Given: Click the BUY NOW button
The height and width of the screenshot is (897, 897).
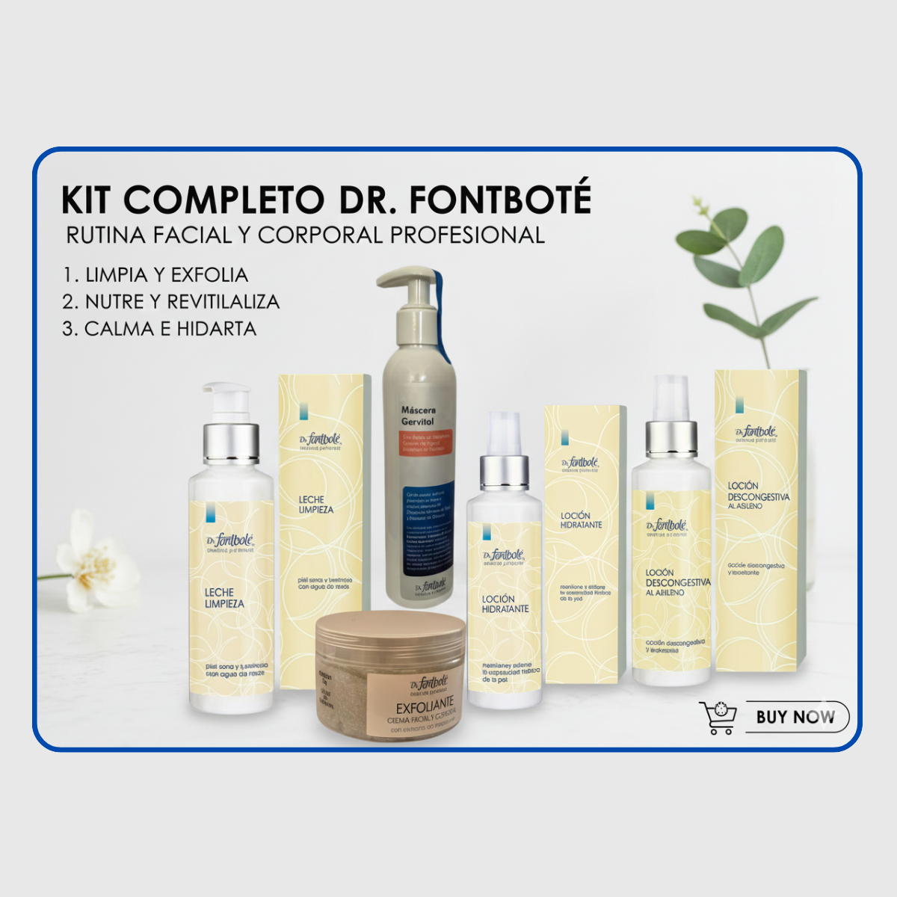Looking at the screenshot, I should pos(797,717).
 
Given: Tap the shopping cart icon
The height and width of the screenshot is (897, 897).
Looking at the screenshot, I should pos(718,718).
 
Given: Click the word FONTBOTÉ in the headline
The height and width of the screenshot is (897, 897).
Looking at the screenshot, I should pos(500,200).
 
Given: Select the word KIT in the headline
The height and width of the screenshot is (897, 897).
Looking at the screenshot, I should pos(87,200).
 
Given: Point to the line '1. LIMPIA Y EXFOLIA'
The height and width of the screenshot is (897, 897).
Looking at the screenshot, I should pos(155,275).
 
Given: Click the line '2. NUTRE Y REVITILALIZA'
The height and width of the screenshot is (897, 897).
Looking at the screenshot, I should pos(170,302).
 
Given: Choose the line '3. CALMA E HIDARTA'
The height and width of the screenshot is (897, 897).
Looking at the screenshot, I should pos(159,329).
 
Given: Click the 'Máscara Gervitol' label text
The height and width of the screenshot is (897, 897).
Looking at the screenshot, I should pos(419,416).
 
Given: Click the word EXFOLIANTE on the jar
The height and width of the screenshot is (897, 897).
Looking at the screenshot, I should pos(425,707).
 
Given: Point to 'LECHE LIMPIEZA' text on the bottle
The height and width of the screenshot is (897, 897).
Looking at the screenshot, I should pos(224,598).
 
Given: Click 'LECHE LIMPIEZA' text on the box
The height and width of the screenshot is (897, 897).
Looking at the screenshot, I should pos(316,505).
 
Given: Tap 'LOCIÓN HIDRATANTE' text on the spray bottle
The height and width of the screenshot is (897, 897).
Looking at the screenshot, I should pos(505,604).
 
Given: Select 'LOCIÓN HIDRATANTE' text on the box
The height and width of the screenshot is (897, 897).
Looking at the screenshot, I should pos(581,520).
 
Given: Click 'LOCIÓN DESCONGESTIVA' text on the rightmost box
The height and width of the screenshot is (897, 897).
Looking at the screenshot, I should pos(758,492).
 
